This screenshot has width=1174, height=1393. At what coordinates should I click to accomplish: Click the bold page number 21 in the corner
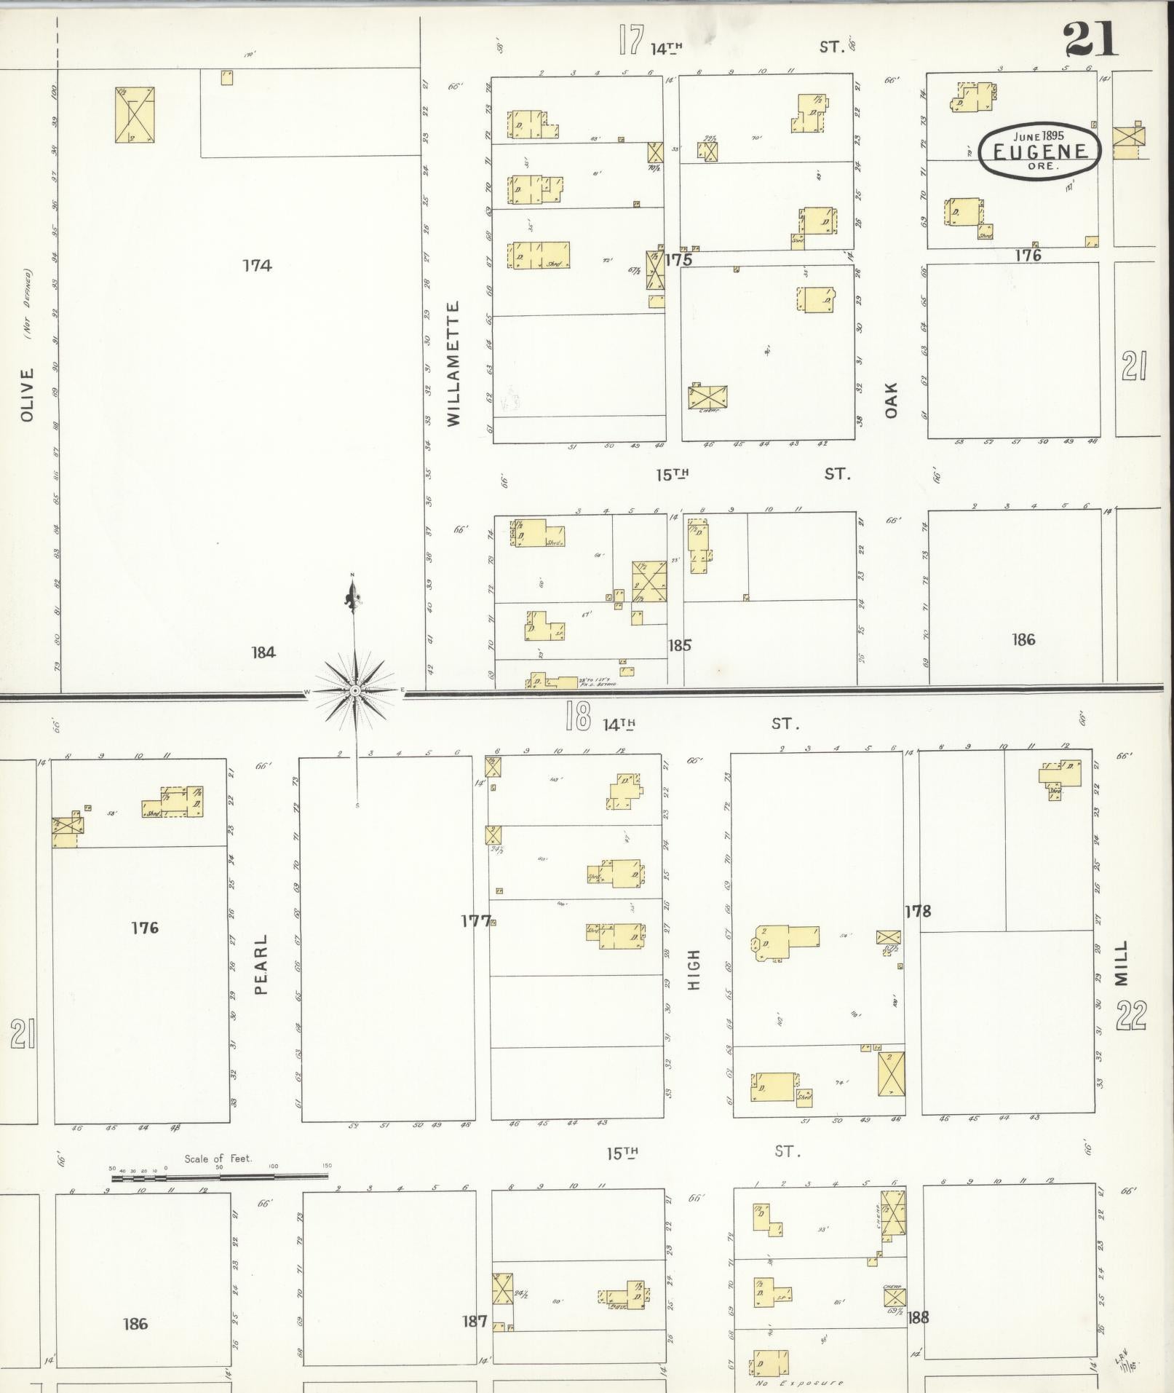click(1090, 39)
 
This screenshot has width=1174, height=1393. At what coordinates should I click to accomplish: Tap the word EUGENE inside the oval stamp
click(1039, 151)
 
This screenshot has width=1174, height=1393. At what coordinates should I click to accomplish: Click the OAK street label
click(891, 400)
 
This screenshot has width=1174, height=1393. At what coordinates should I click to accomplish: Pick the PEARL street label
click(261, 964)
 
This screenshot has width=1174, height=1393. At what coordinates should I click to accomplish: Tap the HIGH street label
click(693, 968)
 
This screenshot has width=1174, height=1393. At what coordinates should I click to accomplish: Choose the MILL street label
click(1122, 963)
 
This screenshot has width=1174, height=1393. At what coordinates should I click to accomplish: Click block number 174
click(257, 266)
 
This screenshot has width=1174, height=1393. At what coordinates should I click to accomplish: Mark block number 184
click(263, 652)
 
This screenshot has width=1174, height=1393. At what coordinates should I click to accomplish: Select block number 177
click(475, 921)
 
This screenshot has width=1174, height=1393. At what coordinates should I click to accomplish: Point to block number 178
click(918, 911)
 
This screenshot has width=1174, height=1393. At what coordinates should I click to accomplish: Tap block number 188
click(919, 1317)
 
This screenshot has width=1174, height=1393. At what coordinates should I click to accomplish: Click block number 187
click(475, 1320)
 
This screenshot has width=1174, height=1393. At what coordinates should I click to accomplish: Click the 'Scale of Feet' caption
click(218, 1159)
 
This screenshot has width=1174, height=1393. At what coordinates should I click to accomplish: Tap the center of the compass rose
click(354, 690)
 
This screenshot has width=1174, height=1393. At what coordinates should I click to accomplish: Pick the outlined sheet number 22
click(1131, 1016)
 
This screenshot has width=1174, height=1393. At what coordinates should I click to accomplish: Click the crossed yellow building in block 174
click(135, 115)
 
